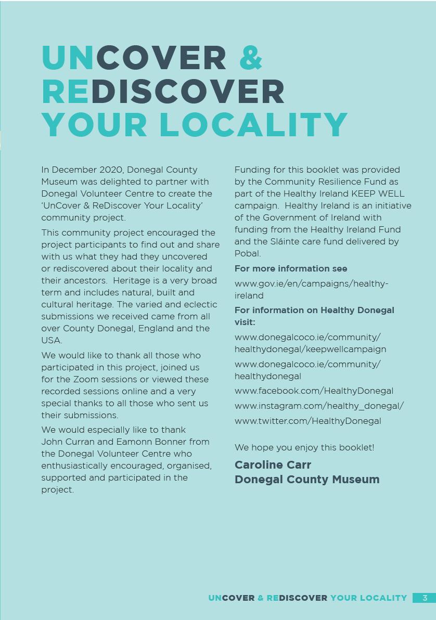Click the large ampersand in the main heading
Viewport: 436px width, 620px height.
click(x=251, y=57)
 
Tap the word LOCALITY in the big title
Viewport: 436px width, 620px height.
click(x=253, y=125)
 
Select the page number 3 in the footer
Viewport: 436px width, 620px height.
click(x=425, y=598)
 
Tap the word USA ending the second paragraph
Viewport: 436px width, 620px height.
click(x=51, y=340)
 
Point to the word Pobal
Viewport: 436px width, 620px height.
click(x=247, y=253)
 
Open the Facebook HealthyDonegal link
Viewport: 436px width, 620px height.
click(x=314, y=391)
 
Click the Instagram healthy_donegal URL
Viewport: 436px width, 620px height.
click(x=319, y=406)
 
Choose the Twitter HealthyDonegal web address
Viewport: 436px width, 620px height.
click(x=307, y=421)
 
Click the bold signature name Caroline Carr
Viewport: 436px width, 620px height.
click(x=273, y=464)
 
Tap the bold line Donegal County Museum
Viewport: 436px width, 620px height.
click(x=307, y=479)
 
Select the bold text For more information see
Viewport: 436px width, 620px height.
click(x=290, y=268)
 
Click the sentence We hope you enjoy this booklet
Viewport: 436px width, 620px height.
click(x=304, y=447)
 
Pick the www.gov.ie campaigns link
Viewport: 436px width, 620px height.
click(x=311, y=283)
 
